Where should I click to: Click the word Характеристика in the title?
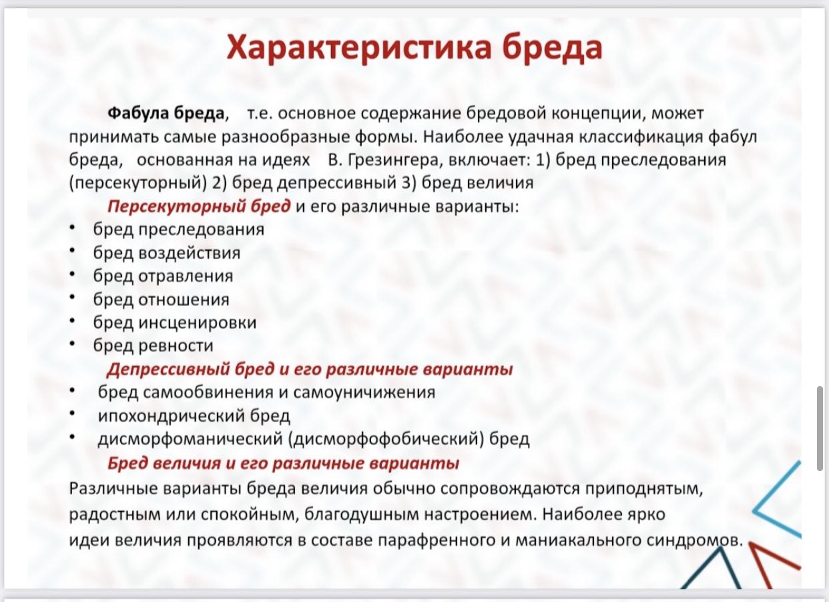(359, 49)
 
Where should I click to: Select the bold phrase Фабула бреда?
(166, 113)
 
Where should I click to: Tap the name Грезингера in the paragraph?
(396, 160)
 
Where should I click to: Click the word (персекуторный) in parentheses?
(137, 183)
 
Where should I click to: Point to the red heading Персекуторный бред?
(199, 206)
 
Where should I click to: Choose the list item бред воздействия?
(167, 253)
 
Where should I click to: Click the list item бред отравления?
(164, 277)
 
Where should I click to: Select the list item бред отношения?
(162, 299)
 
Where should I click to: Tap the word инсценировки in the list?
(198, 323)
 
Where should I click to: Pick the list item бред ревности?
(154, 346)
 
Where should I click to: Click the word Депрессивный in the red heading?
(168, 369)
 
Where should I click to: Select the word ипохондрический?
(172, 416)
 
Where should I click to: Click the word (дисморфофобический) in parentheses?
(386, 440)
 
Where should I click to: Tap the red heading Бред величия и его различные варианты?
(283, 464)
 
